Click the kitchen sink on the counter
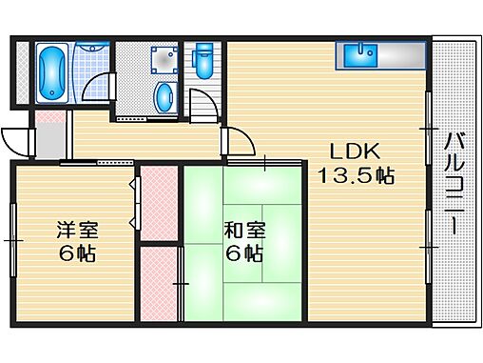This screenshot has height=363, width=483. [362, 54]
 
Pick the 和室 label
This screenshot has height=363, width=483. [243, 231]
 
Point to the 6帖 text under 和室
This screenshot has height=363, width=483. [243, 254]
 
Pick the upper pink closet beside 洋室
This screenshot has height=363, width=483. [158, 205]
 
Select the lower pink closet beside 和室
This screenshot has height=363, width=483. [161, 283]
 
